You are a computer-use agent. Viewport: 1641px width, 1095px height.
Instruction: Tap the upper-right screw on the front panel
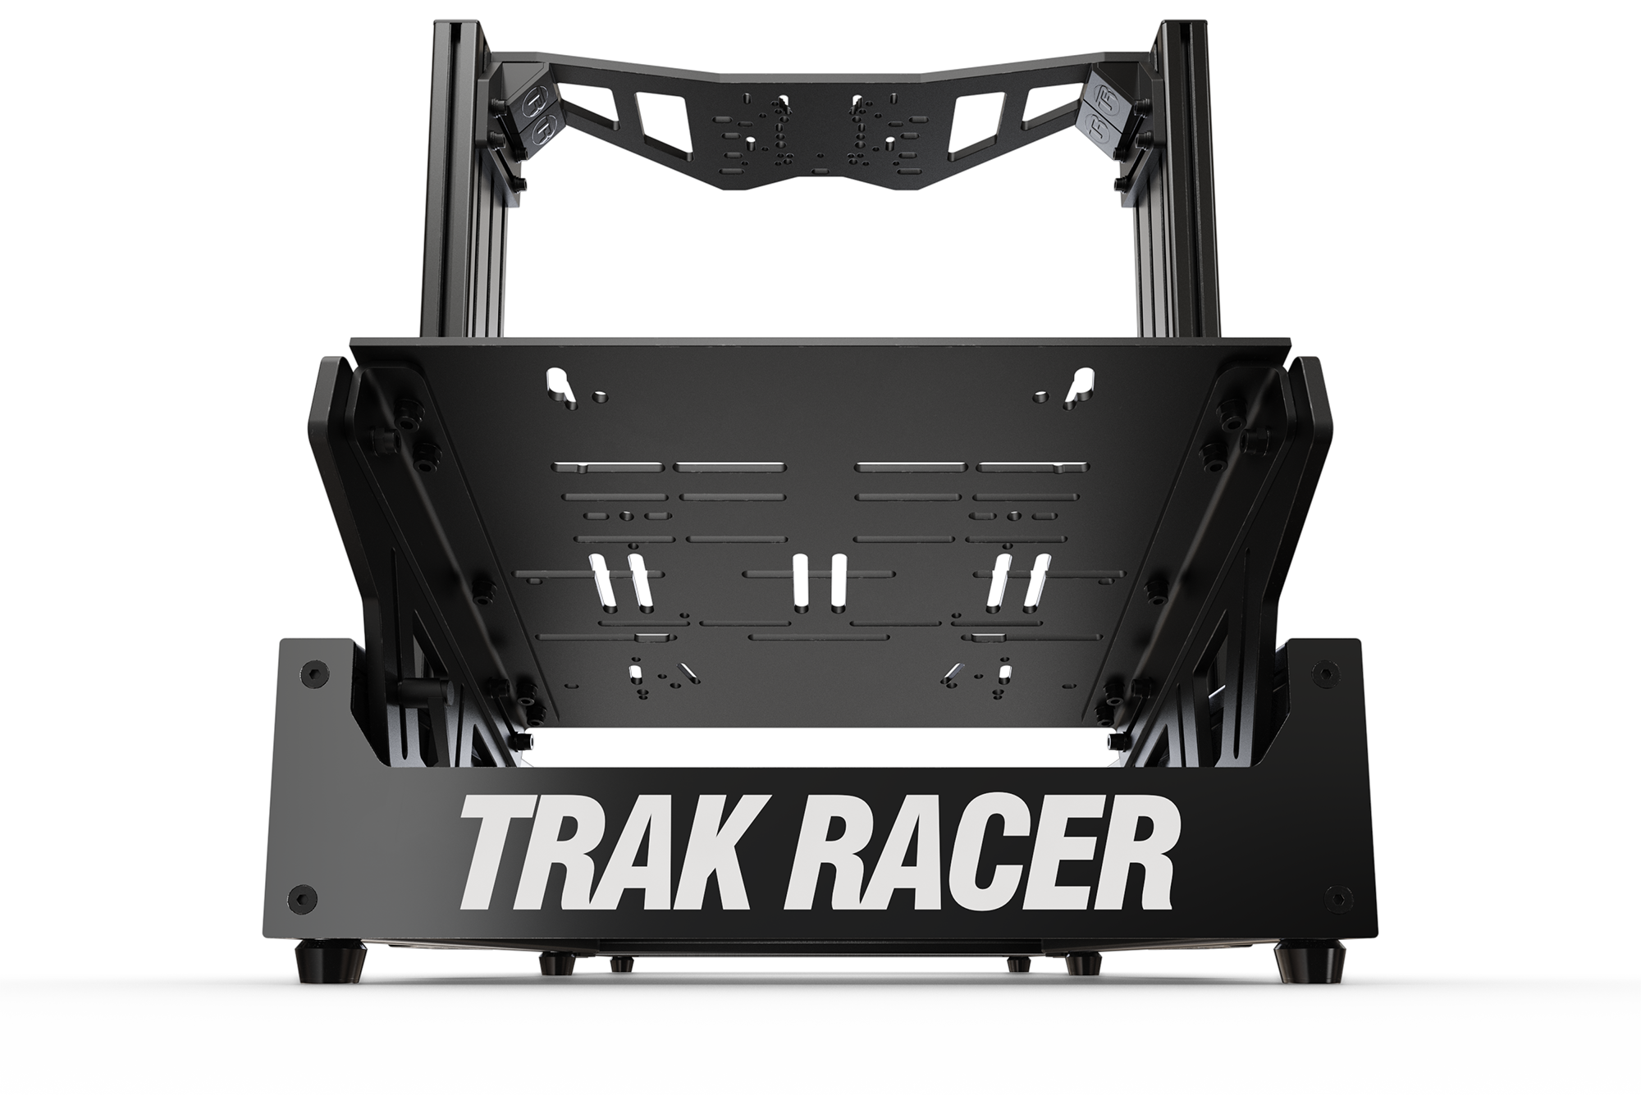point(1322,670)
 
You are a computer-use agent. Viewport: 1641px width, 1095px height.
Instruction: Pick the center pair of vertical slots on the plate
point(818,583)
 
